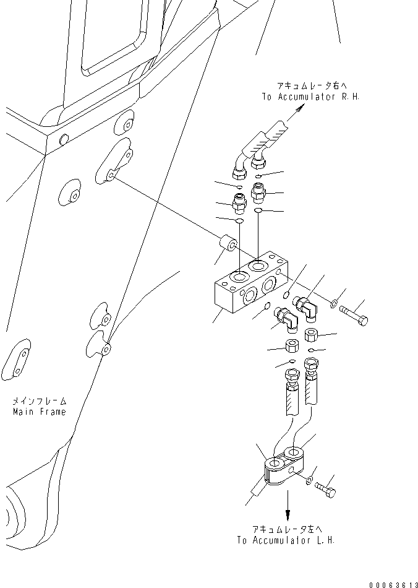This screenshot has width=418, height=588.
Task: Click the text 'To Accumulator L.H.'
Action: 286,540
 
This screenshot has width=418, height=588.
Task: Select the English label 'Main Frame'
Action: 39,412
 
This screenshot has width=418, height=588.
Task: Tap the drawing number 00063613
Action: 393,584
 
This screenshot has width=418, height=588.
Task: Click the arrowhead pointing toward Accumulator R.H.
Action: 299,109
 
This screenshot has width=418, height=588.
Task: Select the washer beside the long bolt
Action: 333,304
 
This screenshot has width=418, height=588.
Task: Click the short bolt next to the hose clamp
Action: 325,490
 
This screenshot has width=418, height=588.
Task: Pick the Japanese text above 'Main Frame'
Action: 39,401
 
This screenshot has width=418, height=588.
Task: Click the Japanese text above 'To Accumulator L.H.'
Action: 286,529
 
